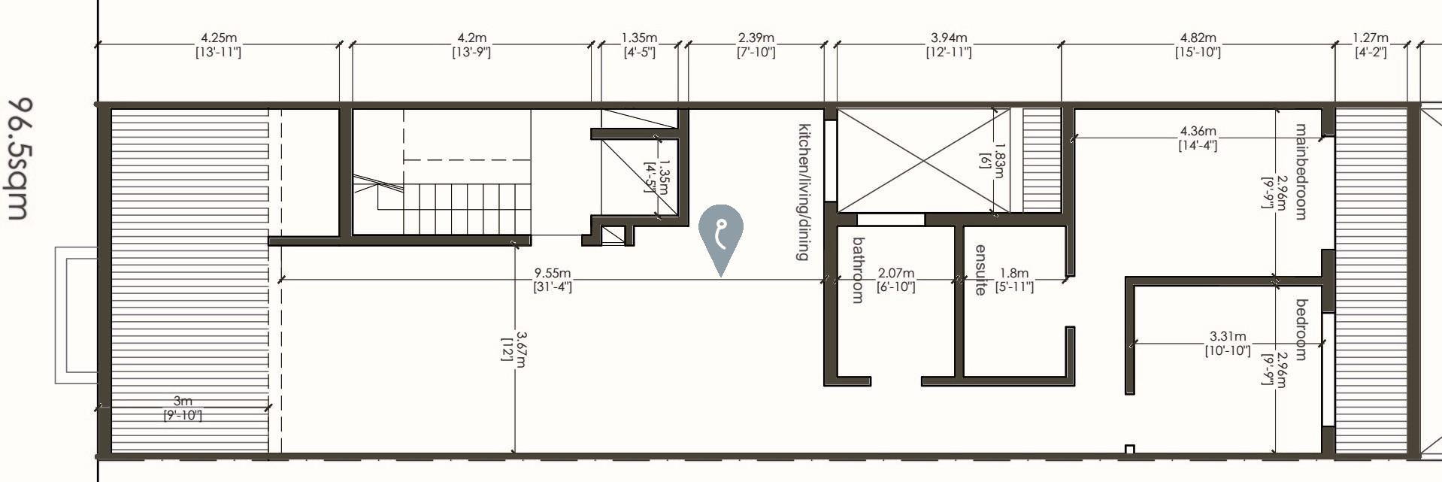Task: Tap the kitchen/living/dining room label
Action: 803,192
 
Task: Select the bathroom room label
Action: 858,270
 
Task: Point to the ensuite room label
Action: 980,269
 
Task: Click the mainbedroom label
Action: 1301,171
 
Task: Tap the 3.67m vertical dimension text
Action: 515,346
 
